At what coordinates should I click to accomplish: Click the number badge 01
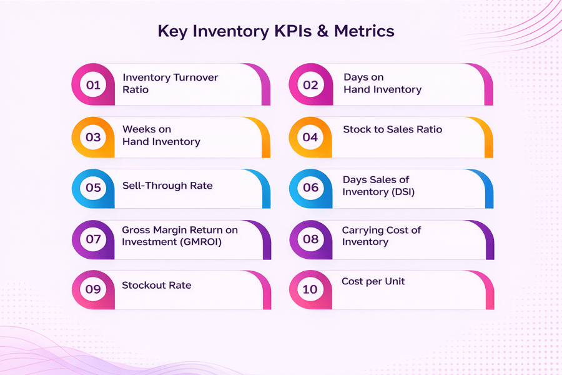(x=93, y=85)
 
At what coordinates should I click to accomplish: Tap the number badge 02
(x=310, y=85)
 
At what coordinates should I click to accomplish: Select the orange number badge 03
(x=93, y=137)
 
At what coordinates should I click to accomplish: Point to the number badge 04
(x=310, y=137)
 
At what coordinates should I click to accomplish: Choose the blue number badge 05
(x=93, y=187)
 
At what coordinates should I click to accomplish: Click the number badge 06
(x=310, y=187)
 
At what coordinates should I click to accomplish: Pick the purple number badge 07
(x=93, y=239)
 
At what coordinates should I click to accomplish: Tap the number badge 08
(x=310, y=239)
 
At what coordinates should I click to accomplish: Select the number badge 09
(x=93, y=289)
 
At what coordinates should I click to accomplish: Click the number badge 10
(x=310, y=289)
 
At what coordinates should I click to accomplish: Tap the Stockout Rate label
(x=156, y=286)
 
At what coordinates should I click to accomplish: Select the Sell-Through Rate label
(x=167, y=186)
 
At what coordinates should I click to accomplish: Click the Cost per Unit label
(x=373, y=282)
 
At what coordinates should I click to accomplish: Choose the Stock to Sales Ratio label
(x=392, y=130)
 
